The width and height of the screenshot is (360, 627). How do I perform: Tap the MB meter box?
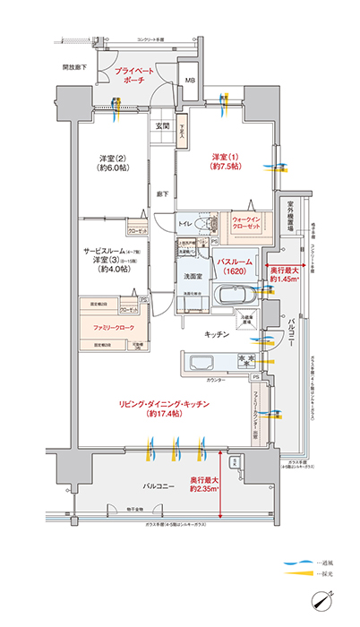[x=190, y=81]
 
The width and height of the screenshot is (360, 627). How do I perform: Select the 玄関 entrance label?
[x=161, y=126]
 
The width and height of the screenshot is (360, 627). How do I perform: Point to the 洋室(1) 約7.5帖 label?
[x=223, y=159]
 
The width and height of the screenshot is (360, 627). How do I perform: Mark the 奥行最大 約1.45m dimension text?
[x=287, y=273]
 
